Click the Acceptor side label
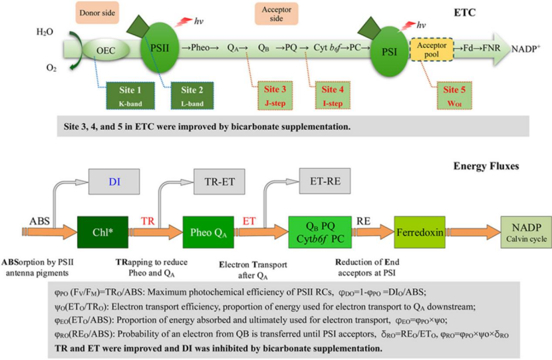[x=275, y=14]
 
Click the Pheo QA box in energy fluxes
[x=207, y=232]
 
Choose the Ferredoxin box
[x=419, y=232]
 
